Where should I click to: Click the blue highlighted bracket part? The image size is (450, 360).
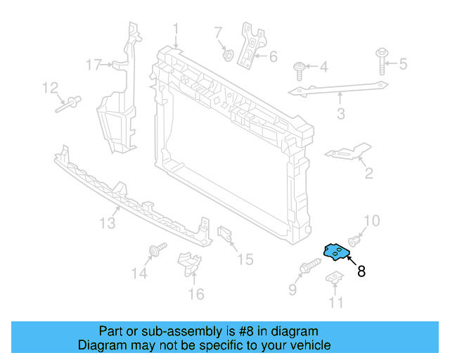336,252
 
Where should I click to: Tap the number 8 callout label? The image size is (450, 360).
361,271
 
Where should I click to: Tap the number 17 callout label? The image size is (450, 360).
94,65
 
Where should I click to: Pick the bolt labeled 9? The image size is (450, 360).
309,269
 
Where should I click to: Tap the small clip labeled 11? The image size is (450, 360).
335,279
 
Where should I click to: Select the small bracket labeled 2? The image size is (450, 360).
347,153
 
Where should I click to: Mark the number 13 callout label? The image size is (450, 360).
106,223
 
